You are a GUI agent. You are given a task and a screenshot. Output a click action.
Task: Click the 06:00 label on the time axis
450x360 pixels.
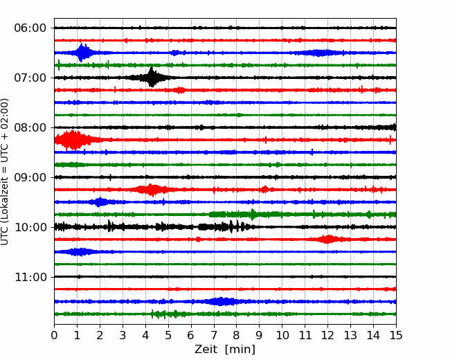coord(30,28)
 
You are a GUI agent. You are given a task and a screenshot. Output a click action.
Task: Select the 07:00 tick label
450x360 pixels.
coord(30,78)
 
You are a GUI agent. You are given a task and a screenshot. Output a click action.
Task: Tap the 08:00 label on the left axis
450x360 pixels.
coord(30,127)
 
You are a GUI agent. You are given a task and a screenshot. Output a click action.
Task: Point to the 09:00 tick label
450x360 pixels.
coord(30,177)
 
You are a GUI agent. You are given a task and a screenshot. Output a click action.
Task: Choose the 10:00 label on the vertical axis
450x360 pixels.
coord(30,227)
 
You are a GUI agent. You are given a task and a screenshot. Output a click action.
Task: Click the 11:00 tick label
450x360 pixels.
coord(30,277)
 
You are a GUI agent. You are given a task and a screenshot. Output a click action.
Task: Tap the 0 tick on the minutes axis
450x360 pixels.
coord(54,335)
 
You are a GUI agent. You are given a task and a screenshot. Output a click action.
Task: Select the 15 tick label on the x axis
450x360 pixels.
coord(396,335)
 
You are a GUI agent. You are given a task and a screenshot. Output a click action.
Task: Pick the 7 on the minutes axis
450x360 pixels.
coord(214,335)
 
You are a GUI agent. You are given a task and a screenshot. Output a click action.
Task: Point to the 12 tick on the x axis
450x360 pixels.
coord(327,335)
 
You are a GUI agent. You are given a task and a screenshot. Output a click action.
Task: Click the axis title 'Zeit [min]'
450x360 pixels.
coord(225,350)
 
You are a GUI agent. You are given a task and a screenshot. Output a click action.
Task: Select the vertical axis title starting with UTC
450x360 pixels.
coord(4,172)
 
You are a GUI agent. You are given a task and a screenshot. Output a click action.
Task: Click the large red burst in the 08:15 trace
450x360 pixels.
coord(74,140)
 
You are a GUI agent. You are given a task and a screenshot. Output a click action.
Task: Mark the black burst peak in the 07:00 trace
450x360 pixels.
coord(152,77)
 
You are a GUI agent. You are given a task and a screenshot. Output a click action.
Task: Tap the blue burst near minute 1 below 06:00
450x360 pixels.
coord(82,53)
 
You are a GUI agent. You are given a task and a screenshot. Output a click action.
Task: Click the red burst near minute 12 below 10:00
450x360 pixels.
coord(327,239)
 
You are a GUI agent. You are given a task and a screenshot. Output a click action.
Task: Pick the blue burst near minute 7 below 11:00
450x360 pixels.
coord(221,301)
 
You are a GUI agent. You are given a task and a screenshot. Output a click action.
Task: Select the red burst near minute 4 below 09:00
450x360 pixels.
coord(152,190)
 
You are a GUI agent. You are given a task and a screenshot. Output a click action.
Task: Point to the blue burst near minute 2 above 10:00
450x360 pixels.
coord(100,202)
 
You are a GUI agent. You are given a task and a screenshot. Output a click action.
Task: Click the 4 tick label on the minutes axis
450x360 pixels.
coord(145,335)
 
